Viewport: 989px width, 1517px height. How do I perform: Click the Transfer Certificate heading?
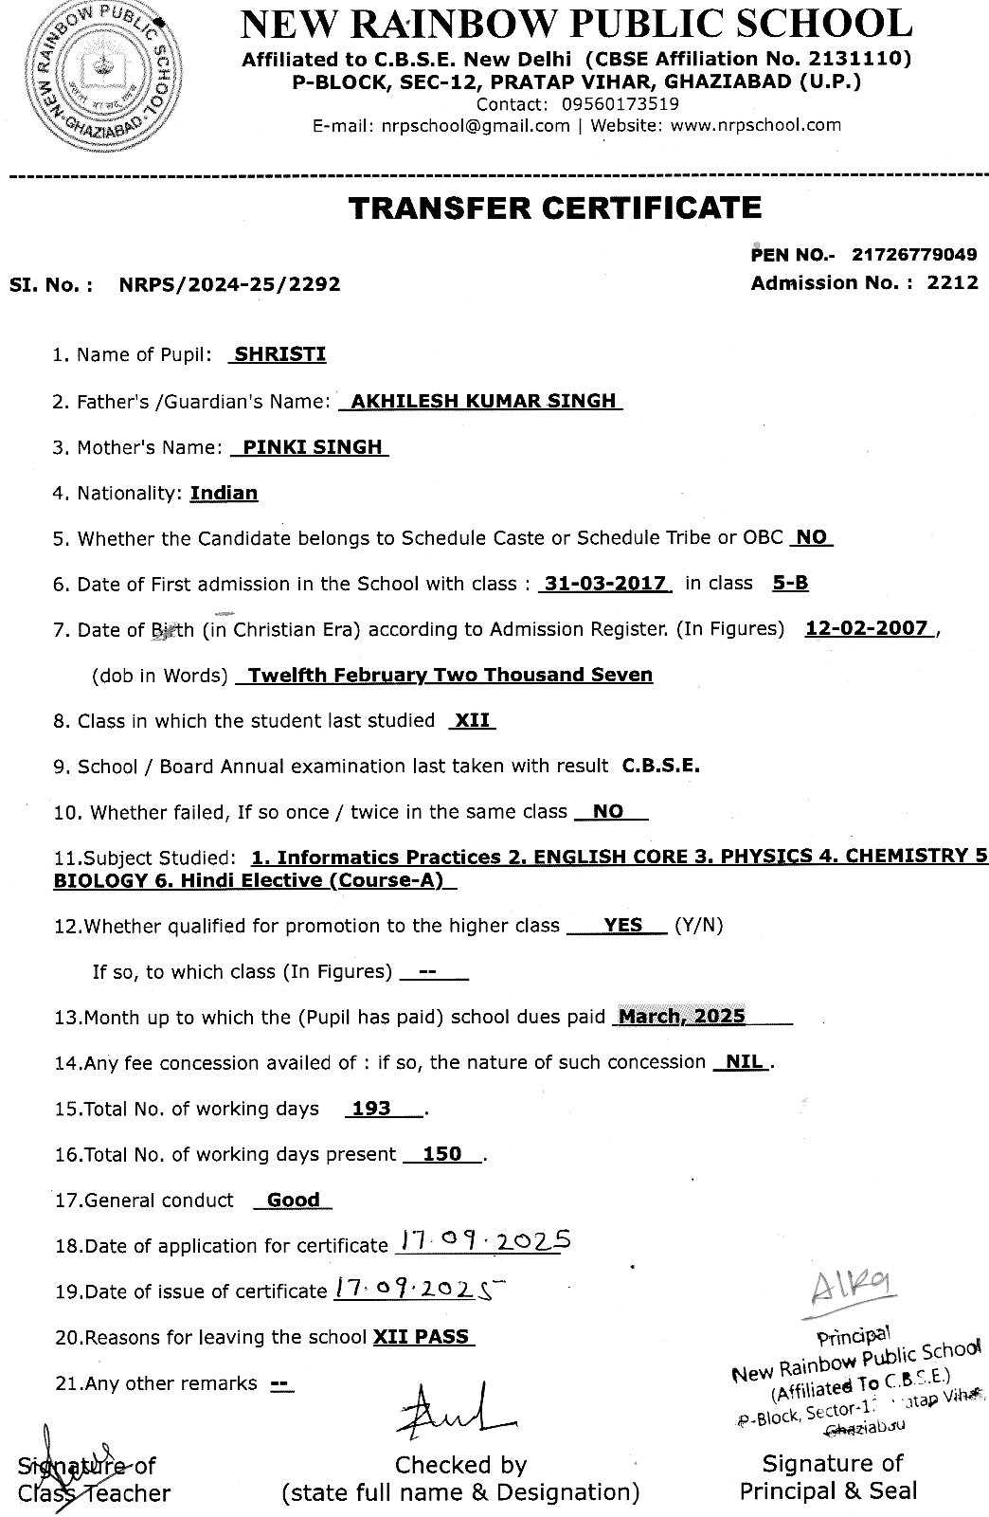pos(555,208)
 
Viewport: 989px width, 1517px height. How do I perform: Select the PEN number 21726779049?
pos(914,254)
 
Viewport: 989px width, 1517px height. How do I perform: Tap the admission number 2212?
pos(953,282)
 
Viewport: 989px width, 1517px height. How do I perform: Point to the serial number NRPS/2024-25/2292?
pos(230,283)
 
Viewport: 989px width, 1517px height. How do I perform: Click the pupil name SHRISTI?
pos(279,354)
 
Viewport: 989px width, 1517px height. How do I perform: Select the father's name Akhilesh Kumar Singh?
pos(482,401)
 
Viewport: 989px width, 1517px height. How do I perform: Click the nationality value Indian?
pos(224,493)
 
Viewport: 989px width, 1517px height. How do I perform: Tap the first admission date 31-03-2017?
pos(604,584)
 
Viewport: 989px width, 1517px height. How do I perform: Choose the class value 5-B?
pos(790,584)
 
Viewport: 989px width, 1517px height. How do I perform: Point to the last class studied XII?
pos(472,721)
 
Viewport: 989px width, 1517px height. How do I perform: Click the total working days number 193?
pos(371,1109)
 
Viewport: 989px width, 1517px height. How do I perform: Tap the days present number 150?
pos(441,1154)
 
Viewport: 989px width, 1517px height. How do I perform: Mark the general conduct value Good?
pos(293,1201)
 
